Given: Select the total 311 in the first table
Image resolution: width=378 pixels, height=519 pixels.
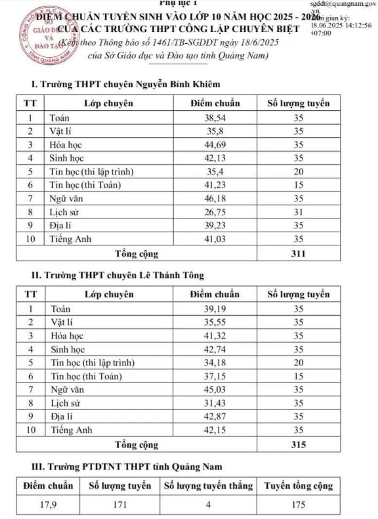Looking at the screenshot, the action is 299,253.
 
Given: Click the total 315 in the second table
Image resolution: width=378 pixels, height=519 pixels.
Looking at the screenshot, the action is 299,445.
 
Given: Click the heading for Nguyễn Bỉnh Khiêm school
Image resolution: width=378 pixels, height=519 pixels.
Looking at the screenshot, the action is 121,85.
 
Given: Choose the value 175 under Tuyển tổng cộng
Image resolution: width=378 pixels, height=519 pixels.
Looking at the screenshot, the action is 299,505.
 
